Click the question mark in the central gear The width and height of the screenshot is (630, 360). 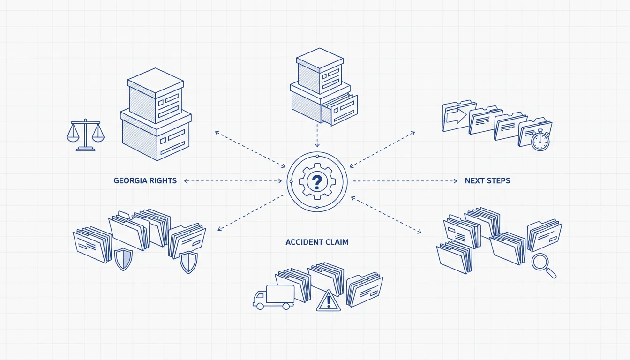[x=317, y=182]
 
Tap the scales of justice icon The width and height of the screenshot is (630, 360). [x=85, y=135]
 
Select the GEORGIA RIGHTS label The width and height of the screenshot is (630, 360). [x=145, y=180]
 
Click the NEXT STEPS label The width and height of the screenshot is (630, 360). [x=487, y=180]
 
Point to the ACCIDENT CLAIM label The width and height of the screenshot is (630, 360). [x=317, y=242]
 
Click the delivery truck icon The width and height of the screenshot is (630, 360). [x=273, y=297]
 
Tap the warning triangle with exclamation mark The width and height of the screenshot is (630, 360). [x=328, y=301]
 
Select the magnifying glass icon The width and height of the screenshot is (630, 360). [x=543, y=265]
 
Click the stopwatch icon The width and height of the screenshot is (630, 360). [x=540, y=140]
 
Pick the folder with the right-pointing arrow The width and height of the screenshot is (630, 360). [x=458, y=116]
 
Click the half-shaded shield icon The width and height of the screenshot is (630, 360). [x=123, y=259]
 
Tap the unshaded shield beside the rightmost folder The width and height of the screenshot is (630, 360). [x=188, y=262]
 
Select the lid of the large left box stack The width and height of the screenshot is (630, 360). [x=156, y=82]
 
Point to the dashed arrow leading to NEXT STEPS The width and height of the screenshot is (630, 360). [x=405, y=181]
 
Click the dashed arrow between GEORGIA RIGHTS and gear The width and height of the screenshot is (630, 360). [x=233, y=181]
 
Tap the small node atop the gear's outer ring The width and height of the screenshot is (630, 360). [x=317, y=156]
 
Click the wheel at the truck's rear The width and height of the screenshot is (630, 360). [x=286, y=306]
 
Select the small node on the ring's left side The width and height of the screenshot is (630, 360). [x=291, y=182]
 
